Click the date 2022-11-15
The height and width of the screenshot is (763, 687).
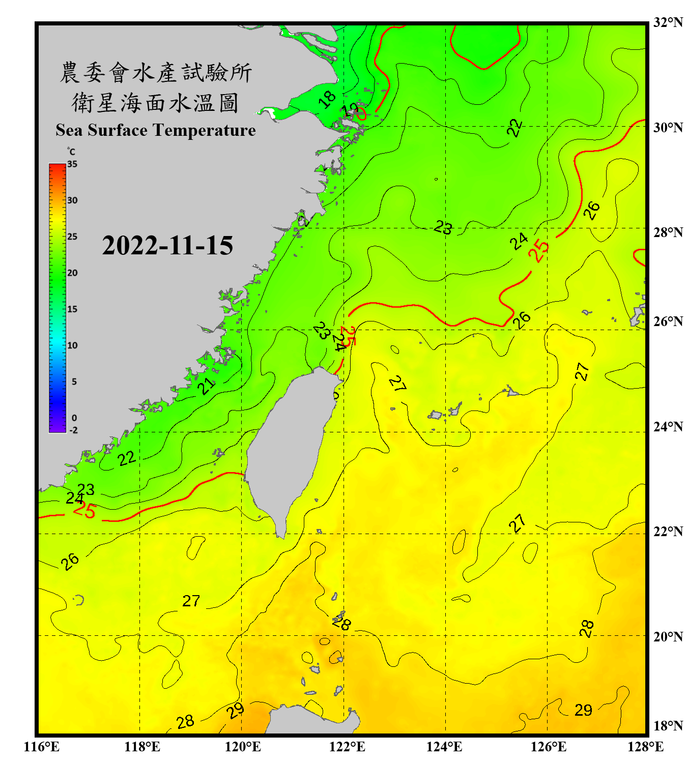167,245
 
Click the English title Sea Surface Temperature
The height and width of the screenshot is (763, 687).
155,130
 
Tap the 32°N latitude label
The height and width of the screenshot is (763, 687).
668,22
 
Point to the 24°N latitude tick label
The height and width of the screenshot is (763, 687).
668,426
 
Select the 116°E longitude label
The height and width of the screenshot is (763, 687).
42,747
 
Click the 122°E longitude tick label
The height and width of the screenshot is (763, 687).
347,747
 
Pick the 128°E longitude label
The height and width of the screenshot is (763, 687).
645,747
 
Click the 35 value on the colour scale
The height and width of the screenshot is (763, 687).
72,164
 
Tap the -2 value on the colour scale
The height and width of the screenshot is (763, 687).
73,430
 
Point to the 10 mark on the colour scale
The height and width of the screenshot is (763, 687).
72,345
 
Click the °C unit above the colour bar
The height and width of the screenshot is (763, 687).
71,152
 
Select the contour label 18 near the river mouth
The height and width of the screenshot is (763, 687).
327,99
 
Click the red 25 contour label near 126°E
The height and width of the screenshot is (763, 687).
539,250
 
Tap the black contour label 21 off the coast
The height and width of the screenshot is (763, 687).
206,386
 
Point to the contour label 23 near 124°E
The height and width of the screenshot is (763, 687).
443,227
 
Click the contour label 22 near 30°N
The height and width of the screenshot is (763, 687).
514,127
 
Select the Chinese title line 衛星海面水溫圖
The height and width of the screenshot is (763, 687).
155,103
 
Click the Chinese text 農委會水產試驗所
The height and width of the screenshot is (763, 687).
155,73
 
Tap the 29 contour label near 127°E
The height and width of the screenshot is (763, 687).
583,710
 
